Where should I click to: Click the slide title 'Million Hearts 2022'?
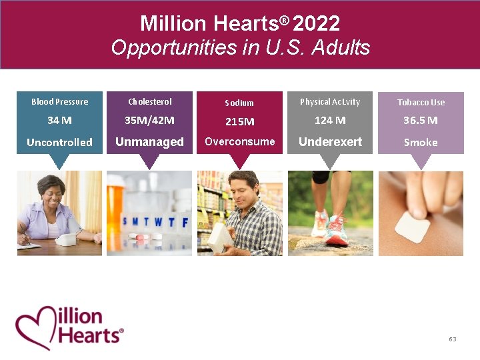(x=240, y=23)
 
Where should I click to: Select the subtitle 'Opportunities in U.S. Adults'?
(x=240, y=47)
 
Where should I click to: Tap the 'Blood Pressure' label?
(x=59, y=102)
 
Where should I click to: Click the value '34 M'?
(x=59, y=121)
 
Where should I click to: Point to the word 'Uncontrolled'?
(x=59, y=142)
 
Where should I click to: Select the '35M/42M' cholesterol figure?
(x=149, y=121)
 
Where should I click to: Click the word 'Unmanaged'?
(x=149, y=142)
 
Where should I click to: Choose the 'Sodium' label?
(x=239, y=103)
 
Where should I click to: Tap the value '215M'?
(x=239, y=121)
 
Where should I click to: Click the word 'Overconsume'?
(x=239, y=141)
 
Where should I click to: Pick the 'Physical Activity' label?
(x=330, y=102)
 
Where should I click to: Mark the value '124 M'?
(x=330, y=121)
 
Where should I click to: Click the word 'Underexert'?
(x=330, y=142)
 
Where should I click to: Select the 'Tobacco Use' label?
(x=421, y=102)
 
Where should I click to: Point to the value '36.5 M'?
(x=421, y=121)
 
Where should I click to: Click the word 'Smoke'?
(x=421, y=142)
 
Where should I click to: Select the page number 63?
(x=453, y=339)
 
